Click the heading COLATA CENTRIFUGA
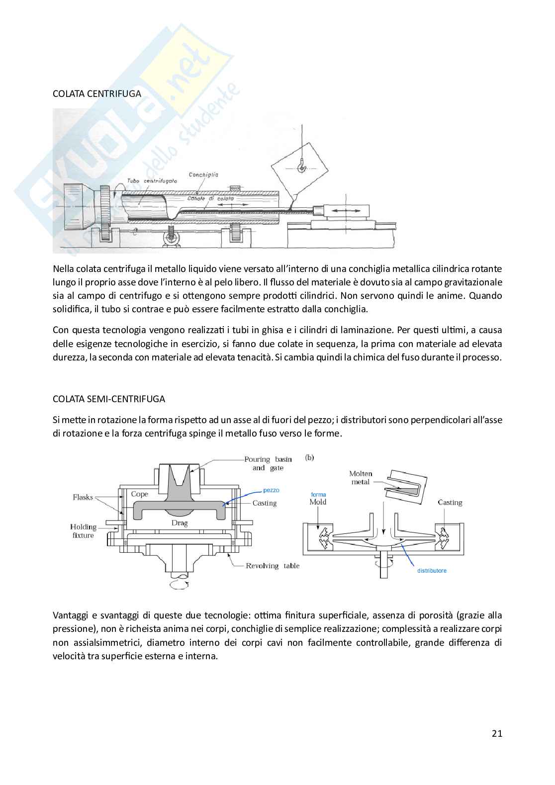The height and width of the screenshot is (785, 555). pyautogui.click(x=96, y=93)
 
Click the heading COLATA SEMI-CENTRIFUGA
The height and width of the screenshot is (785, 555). pyautogui.click(x=109, y=399)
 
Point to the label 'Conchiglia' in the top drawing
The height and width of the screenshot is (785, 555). pyautogui.click(x=203, y=174)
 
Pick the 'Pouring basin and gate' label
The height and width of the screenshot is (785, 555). pyautogui.click(x=268, y=463)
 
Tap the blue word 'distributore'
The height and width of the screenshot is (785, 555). pyautogui.click(x=432, y=570)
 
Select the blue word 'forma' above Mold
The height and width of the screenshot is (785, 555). pyautogui.click(x=318, y=494)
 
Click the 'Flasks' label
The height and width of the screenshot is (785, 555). pyautogui.click(x=83, y=497)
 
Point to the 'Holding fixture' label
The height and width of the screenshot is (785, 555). pyautogui.click(x=83, y=531)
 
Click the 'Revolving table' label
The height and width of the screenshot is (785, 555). pyautogui.click(x=273, y=566)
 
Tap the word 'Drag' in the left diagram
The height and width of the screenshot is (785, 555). pyautogui.click(x=180, y=523)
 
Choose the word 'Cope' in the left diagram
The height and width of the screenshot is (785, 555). pyautogui.click(x=140, y=494)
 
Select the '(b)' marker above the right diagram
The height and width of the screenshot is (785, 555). pyautogui.click(x=309, y=457)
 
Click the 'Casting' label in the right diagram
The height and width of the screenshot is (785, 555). pyautogui.click(x=450, y=503)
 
